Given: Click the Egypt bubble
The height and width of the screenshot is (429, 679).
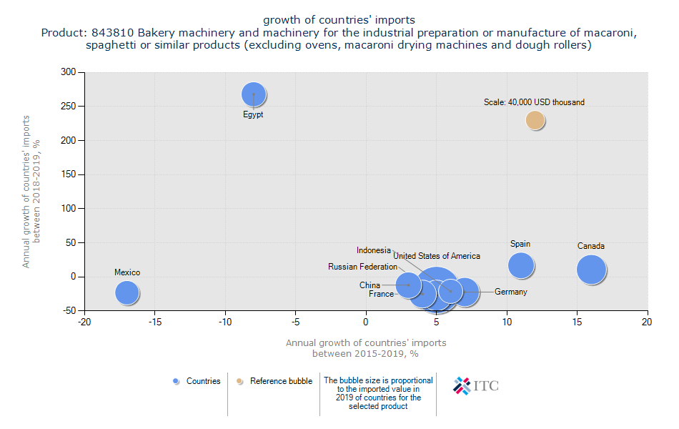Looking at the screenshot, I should [x=253, y=94].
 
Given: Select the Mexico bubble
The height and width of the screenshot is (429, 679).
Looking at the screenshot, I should [x=127, y=292].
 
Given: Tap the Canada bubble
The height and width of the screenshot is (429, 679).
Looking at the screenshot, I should [x=591, y=270].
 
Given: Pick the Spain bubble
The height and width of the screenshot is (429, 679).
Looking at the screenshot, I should [x=521, y=265].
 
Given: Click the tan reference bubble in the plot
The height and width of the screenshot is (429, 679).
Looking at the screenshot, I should [x=535, y=120].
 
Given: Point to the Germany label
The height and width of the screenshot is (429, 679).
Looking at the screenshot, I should [x=510, y=292].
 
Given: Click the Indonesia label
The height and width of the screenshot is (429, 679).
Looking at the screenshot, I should [x=374, y=250].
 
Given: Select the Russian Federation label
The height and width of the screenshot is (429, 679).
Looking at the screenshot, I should [x=362, y=267].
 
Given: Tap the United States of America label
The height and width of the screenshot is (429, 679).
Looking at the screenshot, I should [x=437, y=256].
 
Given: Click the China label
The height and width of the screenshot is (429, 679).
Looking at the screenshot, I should [x=370, y=285].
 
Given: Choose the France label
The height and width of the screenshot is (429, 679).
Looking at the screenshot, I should [x=381, y=294].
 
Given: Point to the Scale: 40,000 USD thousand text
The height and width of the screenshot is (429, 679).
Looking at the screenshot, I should [x=534, y=102].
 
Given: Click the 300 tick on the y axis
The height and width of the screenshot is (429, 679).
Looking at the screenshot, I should [x=68, y=72].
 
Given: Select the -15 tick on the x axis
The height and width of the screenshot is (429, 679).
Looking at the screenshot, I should [x=154, y=322].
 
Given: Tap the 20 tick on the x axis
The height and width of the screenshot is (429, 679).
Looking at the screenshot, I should [x=648, y=322].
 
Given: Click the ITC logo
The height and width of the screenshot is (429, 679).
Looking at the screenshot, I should [x=476, y=385].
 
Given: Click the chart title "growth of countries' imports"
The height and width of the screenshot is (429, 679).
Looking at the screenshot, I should [x=339, y=19].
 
